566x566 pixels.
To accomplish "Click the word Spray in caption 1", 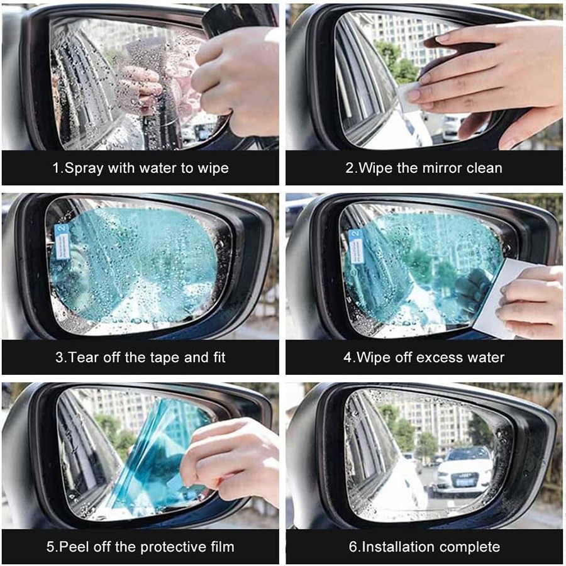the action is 84,169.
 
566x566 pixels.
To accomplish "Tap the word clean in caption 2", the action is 484,168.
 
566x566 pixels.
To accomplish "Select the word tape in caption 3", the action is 165,358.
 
